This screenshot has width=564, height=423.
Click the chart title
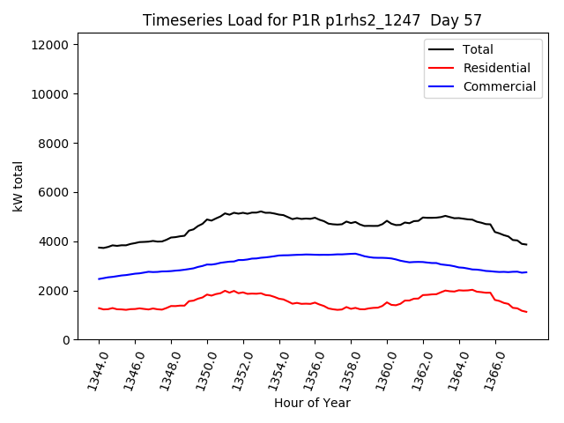pyautogui.click(x=312, y=20)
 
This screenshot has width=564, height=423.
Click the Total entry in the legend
pyautogui.click(x=478, y=49)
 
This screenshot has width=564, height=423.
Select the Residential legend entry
pyautogui.click(x=496, y=68)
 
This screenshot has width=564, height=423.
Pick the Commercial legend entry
pyautogui.click(x=499, y=86)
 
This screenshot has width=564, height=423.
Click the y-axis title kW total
pyautogui.click(x=18, y=191)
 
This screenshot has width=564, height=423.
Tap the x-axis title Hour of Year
pyautogui.click(x=312, y=404)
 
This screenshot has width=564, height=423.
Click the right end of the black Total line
pyautogui.click(x=526, y=244)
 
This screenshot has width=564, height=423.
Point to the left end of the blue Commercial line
pyautogui.click(x=99, y=279)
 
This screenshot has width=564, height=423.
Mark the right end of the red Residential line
pyautogui.click(x=526, y=312)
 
